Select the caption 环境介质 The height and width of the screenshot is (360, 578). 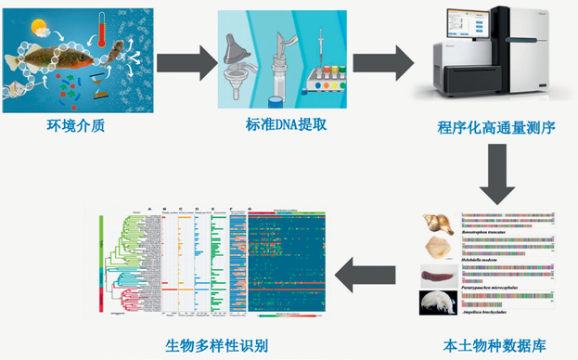click(x=70, y=127)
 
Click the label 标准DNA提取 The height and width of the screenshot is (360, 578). click(x=278, y=127)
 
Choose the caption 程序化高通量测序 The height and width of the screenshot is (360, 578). click(x=496, y=127)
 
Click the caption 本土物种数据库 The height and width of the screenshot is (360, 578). click(x=493, y=346)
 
